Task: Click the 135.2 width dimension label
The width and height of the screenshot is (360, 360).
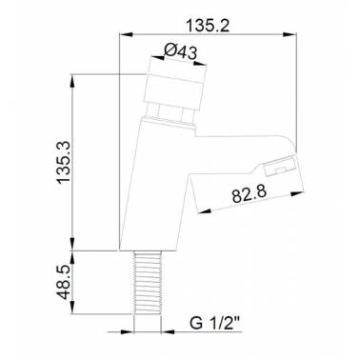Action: (208, 26)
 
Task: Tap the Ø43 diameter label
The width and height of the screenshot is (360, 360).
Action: (181, 51)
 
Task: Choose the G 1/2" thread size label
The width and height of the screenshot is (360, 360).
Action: (214, 324)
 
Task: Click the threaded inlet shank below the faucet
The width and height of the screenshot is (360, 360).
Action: (148, 283)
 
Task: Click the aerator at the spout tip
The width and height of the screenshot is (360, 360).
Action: (282, 165)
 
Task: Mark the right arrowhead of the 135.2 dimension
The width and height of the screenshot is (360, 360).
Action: (290, 34)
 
